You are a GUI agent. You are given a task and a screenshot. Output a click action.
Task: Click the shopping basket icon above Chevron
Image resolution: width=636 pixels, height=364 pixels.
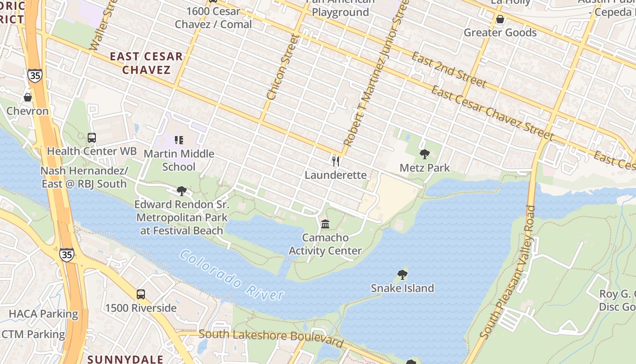28,97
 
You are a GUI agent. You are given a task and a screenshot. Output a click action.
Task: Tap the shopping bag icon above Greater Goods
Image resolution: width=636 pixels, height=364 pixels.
500,19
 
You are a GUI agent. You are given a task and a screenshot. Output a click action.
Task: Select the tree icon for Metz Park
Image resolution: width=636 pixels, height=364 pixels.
425,154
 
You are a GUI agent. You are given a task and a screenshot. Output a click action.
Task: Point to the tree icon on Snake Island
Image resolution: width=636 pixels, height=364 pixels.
402,274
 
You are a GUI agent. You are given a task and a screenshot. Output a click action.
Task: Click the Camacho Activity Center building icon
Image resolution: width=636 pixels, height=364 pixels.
325,224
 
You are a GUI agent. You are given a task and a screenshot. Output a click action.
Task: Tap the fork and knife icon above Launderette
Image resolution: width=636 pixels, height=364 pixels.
336,161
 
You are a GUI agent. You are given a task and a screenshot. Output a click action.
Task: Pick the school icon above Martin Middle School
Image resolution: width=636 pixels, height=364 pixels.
179,140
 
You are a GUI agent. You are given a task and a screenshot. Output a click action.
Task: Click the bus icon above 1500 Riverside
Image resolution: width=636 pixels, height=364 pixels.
141,294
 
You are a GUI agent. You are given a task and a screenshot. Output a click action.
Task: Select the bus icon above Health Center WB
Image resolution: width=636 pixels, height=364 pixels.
92,137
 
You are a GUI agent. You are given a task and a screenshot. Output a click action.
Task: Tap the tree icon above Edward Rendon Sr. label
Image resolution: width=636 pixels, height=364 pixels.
182,191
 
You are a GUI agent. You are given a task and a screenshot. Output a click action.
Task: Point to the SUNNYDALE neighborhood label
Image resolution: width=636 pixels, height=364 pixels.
125,359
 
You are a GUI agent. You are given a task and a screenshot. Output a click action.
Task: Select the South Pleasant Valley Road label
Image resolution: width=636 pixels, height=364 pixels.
508,272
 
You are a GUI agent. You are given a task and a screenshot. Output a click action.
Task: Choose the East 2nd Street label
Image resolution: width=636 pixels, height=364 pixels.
449,70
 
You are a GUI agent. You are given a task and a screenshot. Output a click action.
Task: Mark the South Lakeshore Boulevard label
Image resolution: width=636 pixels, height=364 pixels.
271,337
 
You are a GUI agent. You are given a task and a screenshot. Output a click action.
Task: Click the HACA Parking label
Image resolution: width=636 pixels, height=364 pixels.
44,314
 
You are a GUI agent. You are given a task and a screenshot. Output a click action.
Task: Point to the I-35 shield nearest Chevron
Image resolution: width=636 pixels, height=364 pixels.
35,75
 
